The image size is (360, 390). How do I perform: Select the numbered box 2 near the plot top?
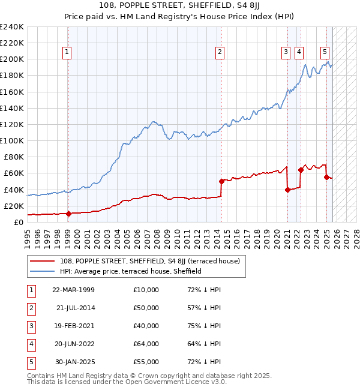click(x=220, y=52)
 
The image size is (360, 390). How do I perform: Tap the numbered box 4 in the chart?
click(x=299, y=52)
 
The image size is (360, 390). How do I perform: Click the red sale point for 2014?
click(x=221, y=181)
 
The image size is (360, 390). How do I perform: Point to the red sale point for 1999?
click(x=68, y=214)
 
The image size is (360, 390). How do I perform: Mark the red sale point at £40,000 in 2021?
click(x=287, y=190)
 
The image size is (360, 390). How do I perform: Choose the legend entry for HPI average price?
click(x=130, y=271)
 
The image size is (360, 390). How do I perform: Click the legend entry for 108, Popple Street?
click(x=149, y=261)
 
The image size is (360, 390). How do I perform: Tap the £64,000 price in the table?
click(x=146, y=344)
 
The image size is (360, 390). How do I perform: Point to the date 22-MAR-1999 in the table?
click(x=73, y=290)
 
